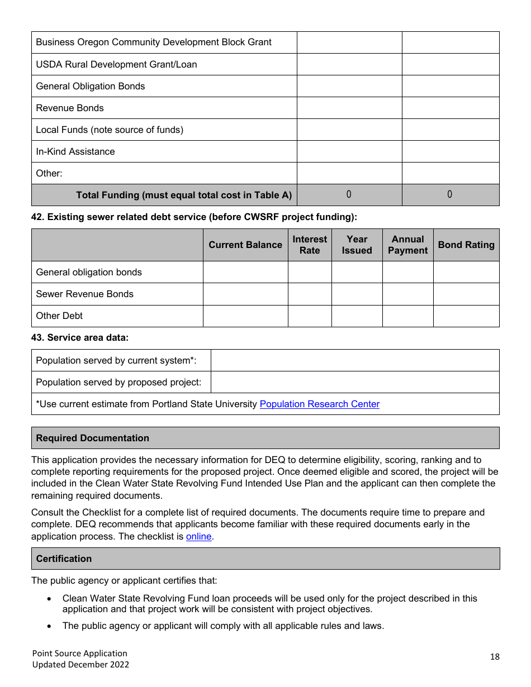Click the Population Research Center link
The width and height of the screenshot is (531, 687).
pyautogui.click(x=319, y=404)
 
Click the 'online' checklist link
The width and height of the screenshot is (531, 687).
pyautogui.click(x=198, y=536)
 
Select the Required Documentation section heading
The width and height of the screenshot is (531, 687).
pyautogui.click(x=93, y=438)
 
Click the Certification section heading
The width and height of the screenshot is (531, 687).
pyautogui.click(x=64, y=559)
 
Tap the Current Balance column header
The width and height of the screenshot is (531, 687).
pyautogui.click(x=245, y=245)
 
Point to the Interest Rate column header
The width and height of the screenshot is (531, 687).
pyautogui.click(x=310, y=245)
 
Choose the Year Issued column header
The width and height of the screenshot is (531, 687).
pyautogui.click(x=357, y=245)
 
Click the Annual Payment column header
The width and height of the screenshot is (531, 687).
pyautogui.click(x=407, y=245)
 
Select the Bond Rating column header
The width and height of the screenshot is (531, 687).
pyautogui.click(x=466, y=245)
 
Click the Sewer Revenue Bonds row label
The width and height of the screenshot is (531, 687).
pyautogui.click(x=85, y=294)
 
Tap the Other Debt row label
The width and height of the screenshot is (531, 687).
pyautogui.click(x=59, y=316)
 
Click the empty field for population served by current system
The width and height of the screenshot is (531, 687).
pyautogui.click(x=355, y=360)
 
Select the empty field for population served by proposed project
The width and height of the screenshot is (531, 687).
pyautogui.click(x=355, y=382)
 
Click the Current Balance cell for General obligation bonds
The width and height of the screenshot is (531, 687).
pyautogui.click(x=245, y=272)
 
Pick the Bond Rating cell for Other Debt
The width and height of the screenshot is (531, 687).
pyautogui.click(x=466, y=316)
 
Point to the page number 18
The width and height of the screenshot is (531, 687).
pyautogui.click(x=495, y=656)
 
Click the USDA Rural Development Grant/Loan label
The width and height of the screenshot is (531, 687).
pyautogui.click(x=116, y=64)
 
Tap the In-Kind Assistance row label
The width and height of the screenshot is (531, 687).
pyautogui.click(x=75, y=151)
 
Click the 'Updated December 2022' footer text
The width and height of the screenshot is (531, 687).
pyautogui.click(x=80, y=664)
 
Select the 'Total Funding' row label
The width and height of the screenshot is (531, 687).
pyautogui.click(x=184, y=195)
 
